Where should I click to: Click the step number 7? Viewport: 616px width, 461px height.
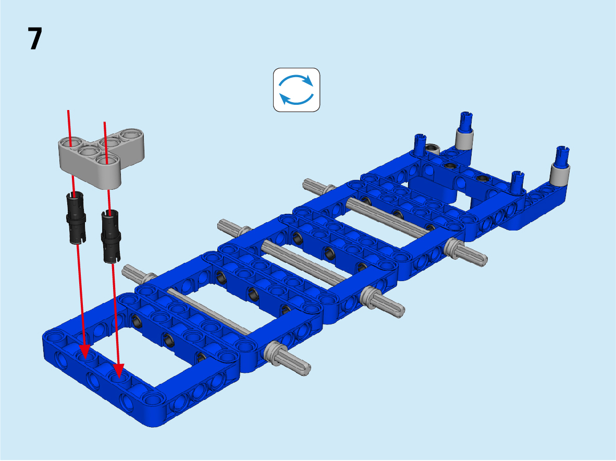[x=34, y=39]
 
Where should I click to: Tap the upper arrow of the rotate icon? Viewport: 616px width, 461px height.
[x=296, y=80]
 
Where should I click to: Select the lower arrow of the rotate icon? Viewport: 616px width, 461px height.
[x=296, y=99]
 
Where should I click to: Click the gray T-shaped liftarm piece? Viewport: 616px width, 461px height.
[x=102, y=155]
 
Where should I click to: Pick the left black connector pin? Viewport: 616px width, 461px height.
[x=76, y=217]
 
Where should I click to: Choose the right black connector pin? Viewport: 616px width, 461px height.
[x=111, y=235]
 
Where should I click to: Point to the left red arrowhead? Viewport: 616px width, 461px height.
[x=85, y=351]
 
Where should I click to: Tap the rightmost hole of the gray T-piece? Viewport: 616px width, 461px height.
[x=132, y=135]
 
